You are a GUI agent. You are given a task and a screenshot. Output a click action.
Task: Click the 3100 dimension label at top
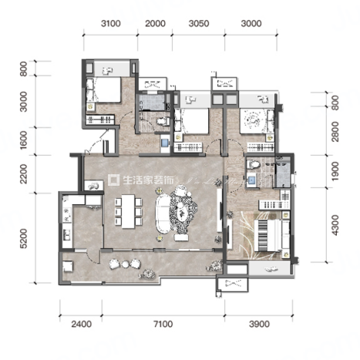[111, 23]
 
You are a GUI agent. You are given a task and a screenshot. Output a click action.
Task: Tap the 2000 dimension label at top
[155, 23]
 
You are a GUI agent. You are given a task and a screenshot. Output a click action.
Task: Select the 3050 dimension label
[199, 23]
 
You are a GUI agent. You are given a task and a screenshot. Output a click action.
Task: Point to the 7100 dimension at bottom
[163, 324]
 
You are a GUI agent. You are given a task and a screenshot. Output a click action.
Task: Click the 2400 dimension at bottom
[82, 324]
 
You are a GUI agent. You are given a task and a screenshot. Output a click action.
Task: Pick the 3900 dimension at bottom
[259, 324]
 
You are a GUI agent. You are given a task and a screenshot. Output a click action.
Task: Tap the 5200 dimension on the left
[23, 238]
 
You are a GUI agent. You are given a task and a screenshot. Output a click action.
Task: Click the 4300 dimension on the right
[335, 225]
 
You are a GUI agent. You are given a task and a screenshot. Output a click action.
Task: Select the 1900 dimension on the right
[335, 171]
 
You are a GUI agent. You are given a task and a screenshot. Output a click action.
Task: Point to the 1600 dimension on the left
[23, 140]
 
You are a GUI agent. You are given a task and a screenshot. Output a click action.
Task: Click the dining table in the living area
[128, 211]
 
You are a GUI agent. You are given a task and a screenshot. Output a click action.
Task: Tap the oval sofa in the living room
[163, 214]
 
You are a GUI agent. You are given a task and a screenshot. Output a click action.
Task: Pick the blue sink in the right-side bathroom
[251, 180]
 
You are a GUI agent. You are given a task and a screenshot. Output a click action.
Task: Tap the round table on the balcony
[126, 264]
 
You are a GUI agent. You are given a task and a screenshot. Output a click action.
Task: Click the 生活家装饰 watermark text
[148, 180]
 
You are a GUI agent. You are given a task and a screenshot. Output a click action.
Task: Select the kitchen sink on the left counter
[67, 234]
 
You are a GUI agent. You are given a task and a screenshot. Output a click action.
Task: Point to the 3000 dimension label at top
[251, 23]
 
